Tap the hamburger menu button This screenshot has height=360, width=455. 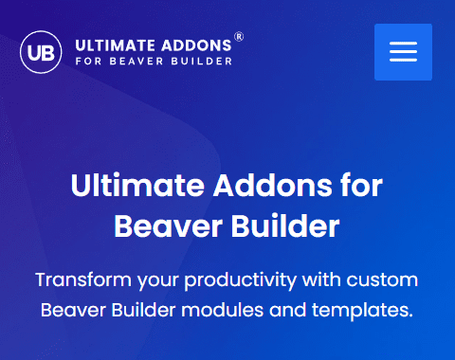point(403,52)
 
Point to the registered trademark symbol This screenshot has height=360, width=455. point(239,37)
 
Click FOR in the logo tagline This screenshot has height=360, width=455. point(87,62)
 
